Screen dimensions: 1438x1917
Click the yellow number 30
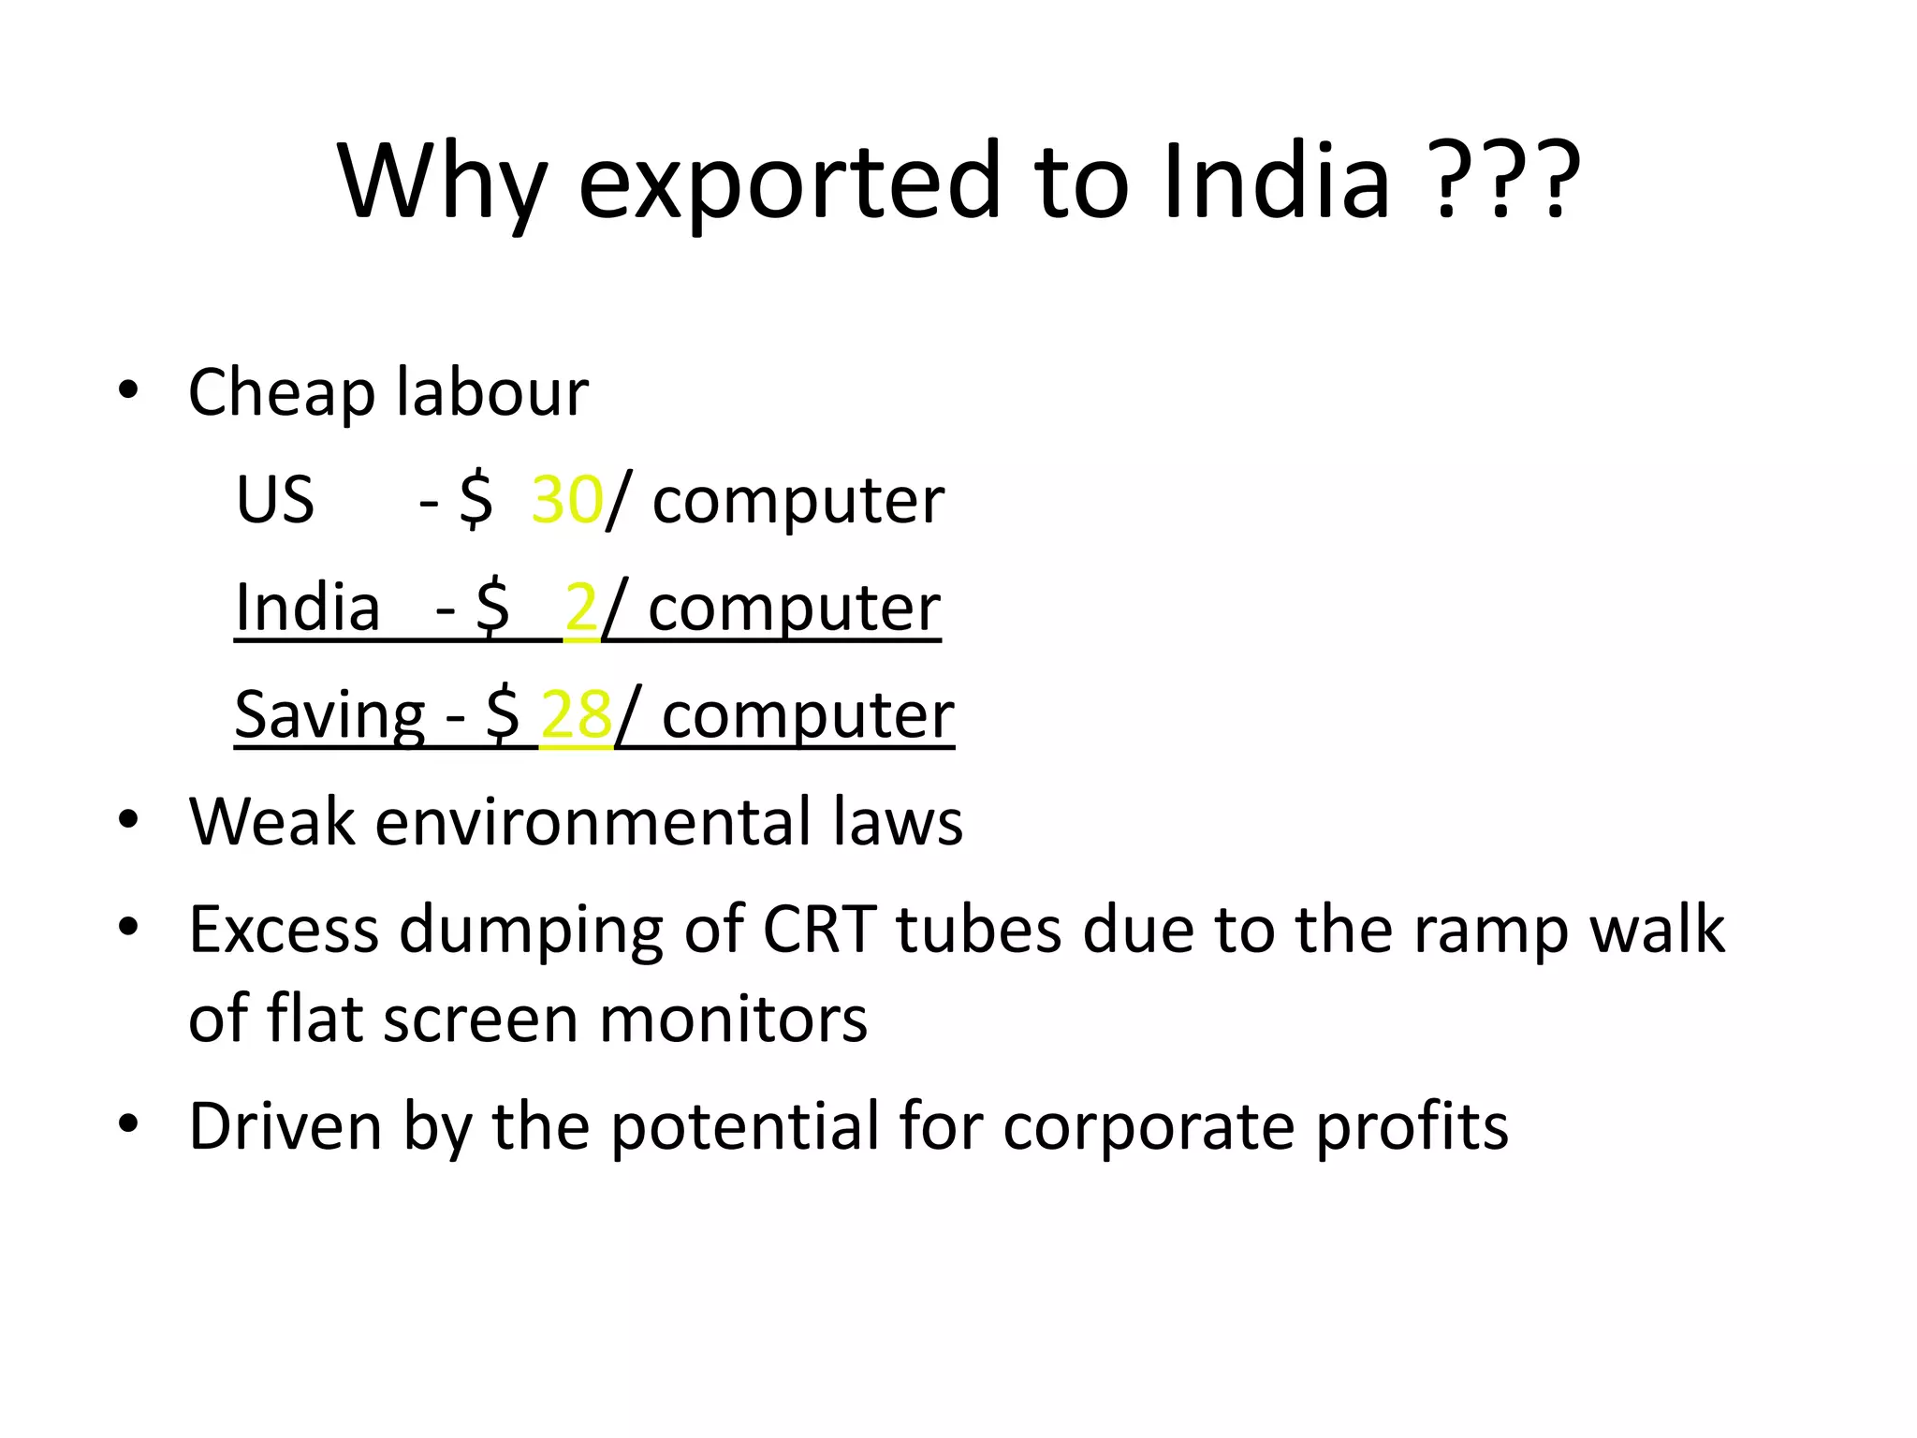pyautogui.click(x=566, y=500)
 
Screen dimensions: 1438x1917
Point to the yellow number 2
pyautogui.click(x=581, y=608)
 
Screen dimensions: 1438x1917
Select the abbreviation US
pyautogui.click(x=275, y=500)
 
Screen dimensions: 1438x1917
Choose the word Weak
pyautogui.click(x=272, y=822)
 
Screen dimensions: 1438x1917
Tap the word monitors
pyautogui.click(x=733, y=1019)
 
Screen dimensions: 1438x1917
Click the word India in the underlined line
pyautogui.click(x=307, y=608)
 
